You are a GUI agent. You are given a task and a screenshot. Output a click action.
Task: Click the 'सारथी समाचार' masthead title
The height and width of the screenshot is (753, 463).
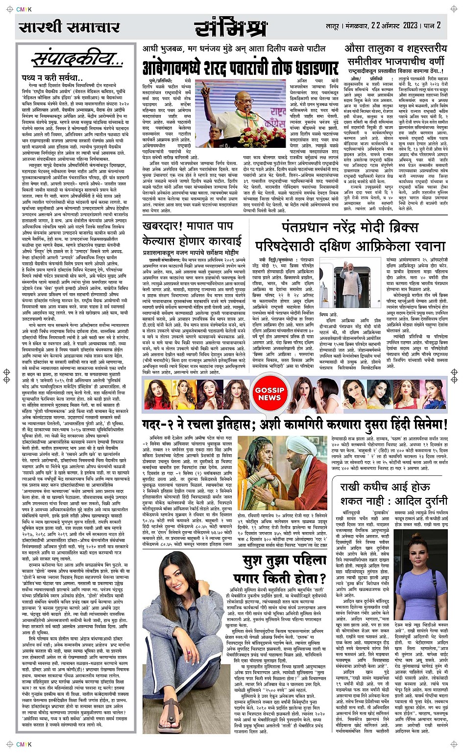[69, 27]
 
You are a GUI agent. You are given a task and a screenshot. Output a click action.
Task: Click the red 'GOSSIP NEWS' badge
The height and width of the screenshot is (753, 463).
[269, 394]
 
